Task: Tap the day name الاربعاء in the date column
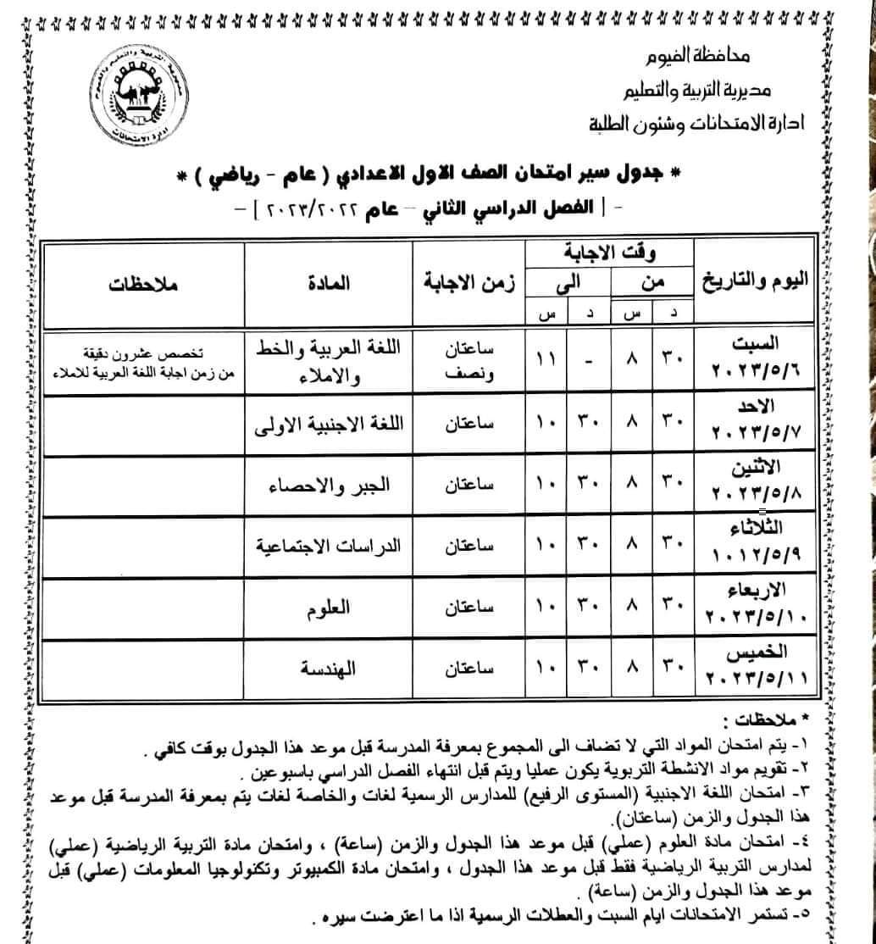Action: (757, 591)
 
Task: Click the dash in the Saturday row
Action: (588, 359)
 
